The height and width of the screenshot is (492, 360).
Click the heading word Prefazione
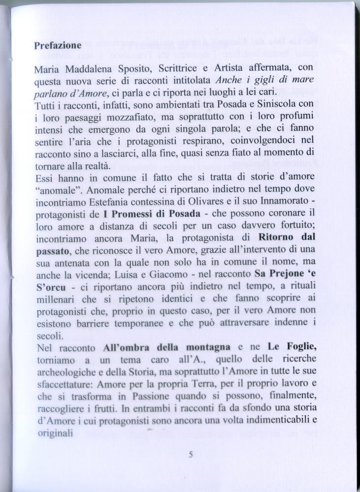[58, 45]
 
